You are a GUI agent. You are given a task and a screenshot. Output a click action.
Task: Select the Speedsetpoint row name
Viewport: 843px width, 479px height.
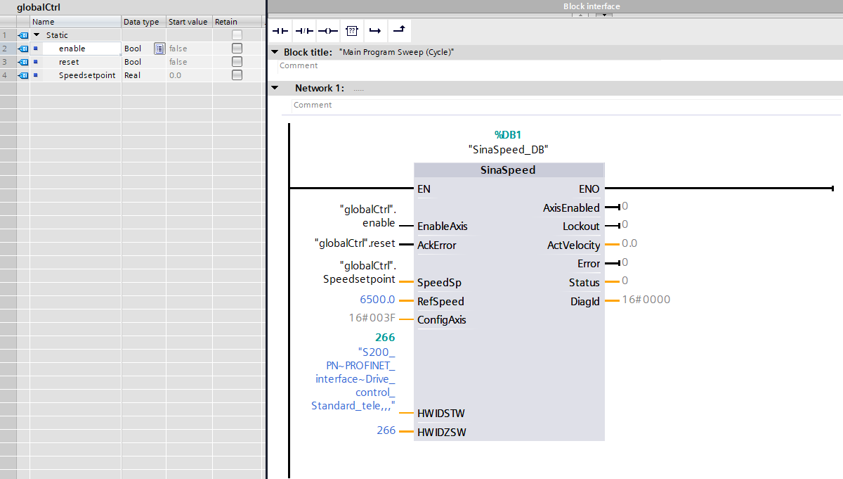click(x=86, y=75)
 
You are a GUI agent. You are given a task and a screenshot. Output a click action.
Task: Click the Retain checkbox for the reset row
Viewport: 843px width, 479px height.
click(x=237, y=62)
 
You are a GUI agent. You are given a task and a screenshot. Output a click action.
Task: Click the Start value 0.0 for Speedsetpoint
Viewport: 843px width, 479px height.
click(x=175, y=75)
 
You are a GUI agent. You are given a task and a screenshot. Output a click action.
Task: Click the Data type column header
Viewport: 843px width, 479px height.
click(x=141, y=22)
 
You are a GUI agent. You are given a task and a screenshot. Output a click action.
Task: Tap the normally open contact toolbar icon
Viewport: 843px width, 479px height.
click(x=280, y=31)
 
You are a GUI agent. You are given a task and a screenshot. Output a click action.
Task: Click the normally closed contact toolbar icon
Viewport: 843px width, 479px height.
click(x=303, y=31)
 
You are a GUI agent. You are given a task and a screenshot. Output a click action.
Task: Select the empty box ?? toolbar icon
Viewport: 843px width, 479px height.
click(x=352, y=31)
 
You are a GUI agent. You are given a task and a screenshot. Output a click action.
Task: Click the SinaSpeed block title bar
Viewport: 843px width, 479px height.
click(x=508, y=170)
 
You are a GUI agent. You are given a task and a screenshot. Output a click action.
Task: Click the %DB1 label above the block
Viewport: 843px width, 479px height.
click(x=508, y=134)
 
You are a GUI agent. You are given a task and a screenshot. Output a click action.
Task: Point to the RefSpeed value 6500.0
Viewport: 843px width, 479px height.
click(x=377, y=300)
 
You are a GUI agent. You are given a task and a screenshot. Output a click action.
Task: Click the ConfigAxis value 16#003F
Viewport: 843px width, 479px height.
click(x=372, y=318)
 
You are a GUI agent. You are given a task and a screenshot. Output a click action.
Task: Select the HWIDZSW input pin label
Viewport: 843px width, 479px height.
click(x=441, y=432)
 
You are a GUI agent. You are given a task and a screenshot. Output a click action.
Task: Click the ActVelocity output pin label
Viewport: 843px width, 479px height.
click(x=573, y=245)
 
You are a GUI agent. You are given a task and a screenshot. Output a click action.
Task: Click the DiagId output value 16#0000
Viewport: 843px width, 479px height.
click(x=646, y=300)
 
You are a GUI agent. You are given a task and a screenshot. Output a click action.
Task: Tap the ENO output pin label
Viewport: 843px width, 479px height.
click(x=589, y=189)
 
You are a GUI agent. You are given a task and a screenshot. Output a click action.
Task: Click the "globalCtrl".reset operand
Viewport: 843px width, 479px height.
click(x=355, y=243)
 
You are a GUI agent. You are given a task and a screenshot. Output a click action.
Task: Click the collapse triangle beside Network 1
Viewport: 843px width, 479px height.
click(x=275, y=88)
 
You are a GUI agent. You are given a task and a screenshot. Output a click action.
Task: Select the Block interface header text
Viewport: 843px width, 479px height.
click(x=592, y=6)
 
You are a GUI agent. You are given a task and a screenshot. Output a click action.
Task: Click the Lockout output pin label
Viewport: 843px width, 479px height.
click(x=581, y=226)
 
